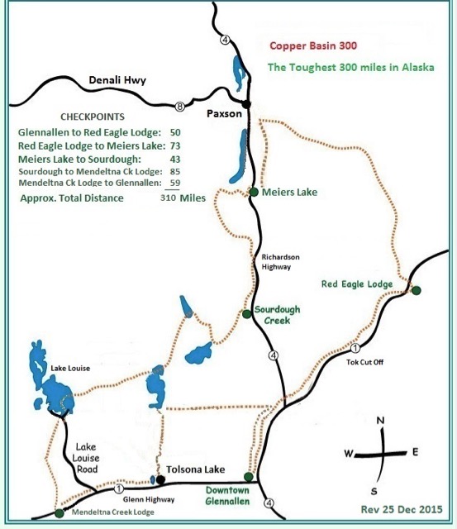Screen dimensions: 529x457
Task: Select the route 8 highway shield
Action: (180, 105)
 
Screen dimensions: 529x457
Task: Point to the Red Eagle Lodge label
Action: (356, 284)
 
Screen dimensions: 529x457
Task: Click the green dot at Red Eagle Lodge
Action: (417, 290)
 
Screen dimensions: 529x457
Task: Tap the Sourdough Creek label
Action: (277, 315)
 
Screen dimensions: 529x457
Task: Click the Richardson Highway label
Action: (276, 262)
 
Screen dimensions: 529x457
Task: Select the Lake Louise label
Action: (70, 368)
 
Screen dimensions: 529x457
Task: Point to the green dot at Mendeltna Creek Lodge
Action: (59, 513)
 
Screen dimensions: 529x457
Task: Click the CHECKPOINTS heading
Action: (93, 117)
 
